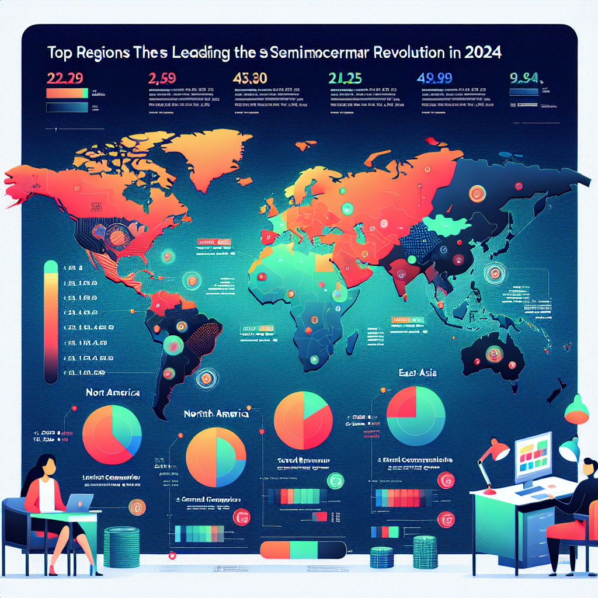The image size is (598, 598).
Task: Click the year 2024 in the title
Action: [483, 53]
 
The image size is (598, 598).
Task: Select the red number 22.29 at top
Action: [64, 78]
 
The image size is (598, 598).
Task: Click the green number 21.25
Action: [344, 78]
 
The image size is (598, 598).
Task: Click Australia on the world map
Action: [492, 354]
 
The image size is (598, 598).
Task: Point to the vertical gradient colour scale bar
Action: [51, 321]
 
